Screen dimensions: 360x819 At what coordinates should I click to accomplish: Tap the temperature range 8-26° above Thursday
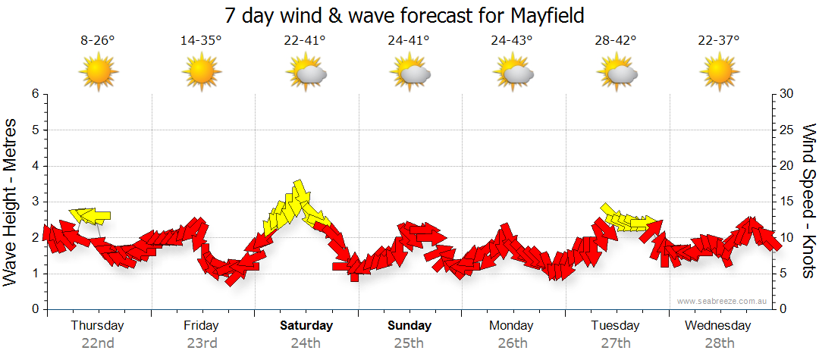tap(98, 41)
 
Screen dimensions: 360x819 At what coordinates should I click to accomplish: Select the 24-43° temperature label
tap(512, 41)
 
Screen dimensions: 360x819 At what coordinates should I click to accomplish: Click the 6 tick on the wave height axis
tap(34, 94)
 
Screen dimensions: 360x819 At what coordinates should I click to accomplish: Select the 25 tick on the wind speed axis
tap(786, 130)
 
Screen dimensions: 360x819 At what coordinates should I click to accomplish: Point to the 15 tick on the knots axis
tap(786, 202)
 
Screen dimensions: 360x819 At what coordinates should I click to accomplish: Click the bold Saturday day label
tap(306, 326)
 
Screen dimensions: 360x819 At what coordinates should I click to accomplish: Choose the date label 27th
tap(615, 343)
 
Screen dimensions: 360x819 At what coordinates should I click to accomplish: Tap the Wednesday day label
tap(717, 326)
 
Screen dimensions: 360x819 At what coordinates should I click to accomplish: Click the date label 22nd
tap(98, 343)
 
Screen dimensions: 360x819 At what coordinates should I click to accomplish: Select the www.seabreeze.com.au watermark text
tap(723, 301)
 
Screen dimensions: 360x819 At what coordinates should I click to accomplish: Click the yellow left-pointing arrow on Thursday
tap(89, 216)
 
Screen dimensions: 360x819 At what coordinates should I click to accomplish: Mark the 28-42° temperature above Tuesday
tap(616, 41)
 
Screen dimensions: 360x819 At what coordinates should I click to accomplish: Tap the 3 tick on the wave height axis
tap(34, 202)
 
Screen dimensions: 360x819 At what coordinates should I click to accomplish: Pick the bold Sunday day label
tap(409, 326)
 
